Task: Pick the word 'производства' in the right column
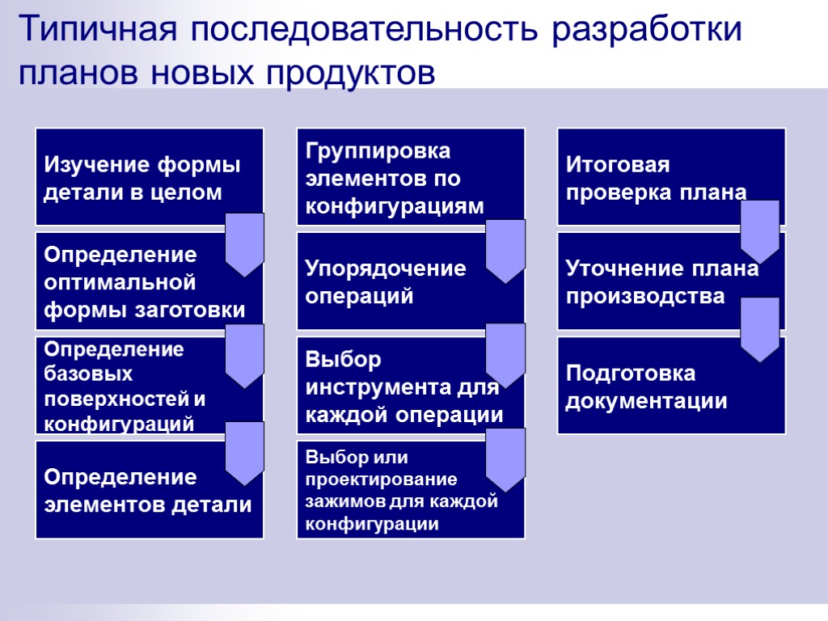644,297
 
